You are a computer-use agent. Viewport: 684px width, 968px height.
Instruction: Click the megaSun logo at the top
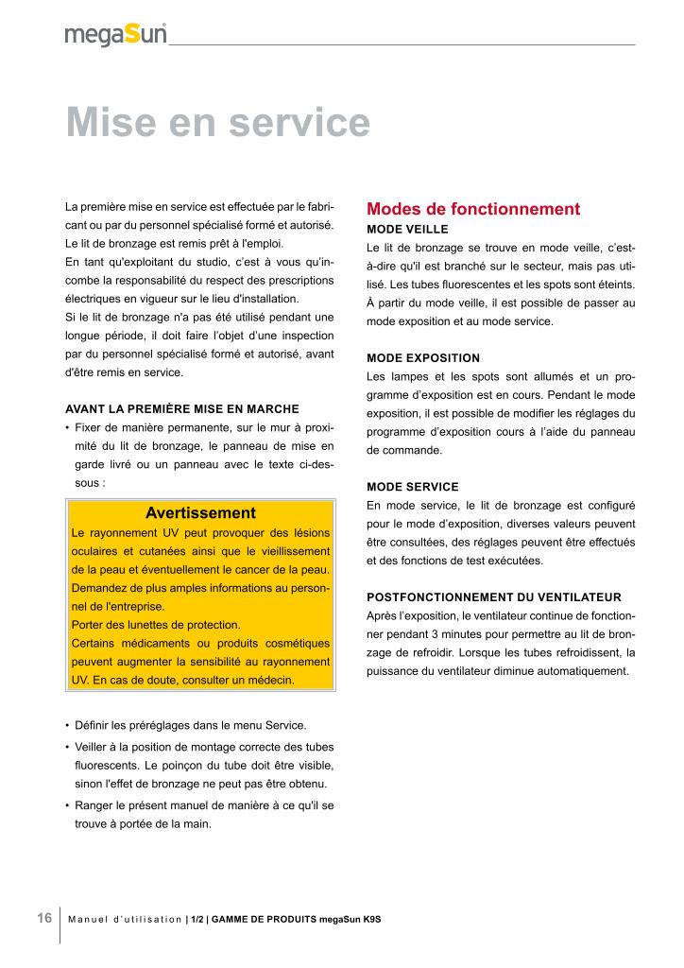point(116,35)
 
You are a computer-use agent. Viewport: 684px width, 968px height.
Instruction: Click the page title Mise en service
point(217,123)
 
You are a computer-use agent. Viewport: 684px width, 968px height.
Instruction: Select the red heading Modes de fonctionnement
point(472,209)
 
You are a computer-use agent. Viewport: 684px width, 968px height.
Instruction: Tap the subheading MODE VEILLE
point(407,229)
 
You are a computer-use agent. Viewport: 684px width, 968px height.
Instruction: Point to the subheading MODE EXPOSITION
point(423,358)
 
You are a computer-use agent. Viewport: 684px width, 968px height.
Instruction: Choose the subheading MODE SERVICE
point(412,487)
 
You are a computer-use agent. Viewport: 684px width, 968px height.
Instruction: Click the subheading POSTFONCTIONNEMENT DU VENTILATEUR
point(493,597)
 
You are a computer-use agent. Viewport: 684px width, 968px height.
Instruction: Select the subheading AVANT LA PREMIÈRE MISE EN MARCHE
point(181,408)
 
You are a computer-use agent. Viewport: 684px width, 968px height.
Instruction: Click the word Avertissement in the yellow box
point(200,513)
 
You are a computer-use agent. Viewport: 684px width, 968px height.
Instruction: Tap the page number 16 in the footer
point(44,918)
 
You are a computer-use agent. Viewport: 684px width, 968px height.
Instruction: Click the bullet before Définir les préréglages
point(67,726)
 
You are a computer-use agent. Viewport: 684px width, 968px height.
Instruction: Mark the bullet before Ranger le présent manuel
point(67,805)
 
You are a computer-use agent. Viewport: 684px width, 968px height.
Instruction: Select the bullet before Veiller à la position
point(67,746)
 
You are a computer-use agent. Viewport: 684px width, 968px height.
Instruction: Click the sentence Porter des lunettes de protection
point(156,625)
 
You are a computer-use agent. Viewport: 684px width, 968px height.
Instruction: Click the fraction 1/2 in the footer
point(197,920)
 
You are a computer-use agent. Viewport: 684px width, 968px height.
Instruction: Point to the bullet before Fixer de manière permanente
point(67,427)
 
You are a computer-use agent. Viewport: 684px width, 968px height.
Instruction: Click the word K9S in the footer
point(381,920)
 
